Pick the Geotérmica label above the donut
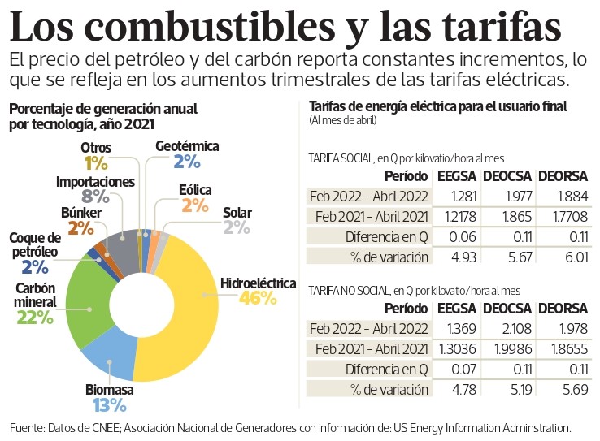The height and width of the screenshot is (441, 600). point(187,146)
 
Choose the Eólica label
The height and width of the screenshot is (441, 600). point(195,190)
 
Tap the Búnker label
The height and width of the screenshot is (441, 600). point(81,213)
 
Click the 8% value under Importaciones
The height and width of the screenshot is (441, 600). point(95,196)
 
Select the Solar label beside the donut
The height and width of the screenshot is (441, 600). point(237,213)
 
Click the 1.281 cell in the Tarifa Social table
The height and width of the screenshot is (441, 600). point(450,196)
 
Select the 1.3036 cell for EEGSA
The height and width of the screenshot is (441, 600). point(451,349)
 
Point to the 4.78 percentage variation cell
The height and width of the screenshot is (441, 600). point(450,391)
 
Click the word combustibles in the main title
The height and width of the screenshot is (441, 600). point(172,28)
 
